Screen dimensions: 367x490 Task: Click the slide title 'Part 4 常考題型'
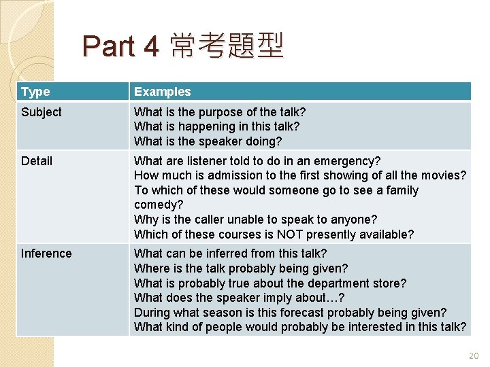[182, 46]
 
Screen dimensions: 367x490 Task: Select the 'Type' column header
[35, 92]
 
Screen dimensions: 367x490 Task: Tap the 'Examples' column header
[162, 92]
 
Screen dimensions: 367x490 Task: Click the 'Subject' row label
[42, 112]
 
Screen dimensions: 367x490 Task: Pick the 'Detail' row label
[37, 161]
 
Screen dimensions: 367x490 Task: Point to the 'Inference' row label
[46, 254]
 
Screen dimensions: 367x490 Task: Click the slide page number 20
[474, 355]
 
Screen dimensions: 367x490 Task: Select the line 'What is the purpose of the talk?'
[220, 112]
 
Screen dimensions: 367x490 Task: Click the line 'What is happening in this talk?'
[216, 126]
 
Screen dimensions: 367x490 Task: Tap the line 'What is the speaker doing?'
[208, 141]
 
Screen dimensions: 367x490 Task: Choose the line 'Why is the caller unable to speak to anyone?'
[255, 220]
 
